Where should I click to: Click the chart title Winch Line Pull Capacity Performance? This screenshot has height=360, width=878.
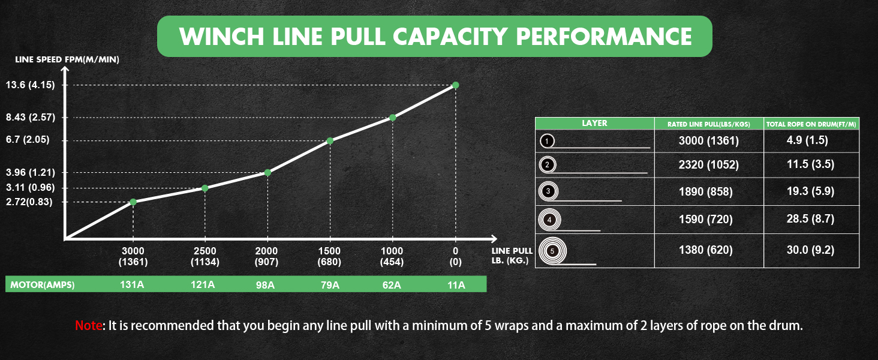tap(435, 37)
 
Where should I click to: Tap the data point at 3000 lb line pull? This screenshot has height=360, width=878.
tap(133, 202)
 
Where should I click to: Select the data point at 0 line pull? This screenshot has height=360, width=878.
tap(455, 85)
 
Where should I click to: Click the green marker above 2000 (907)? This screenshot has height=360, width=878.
tap(267, 172)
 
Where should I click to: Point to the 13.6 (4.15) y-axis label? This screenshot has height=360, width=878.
tap(30, 85)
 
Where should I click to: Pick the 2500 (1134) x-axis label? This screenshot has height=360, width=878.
tap(205, 256)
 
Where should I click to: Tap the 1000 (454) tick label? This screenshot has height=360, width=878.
tap(393, 256)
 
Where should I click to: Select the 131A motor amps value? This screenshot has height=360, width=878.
tap(133, 284)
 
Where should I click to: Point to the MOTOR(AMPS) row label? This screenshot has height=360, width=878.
tap(42, 284)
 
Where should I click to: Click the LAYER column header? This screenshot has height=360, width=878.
tap(594, 123)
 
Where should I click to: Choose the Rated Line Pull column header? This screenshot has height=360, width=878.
tap(709, 124)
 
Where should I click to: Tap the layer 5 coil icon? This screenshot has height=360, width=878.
tap(552, 250)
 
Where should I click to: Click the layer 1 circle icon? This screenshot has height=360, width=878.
tap(548, 141)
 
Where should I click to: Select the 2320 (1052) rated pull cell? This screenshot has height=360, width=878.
tap(709, 164)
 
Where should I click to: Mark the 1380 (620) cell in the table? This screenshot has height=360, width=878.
tap(709, 250)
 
